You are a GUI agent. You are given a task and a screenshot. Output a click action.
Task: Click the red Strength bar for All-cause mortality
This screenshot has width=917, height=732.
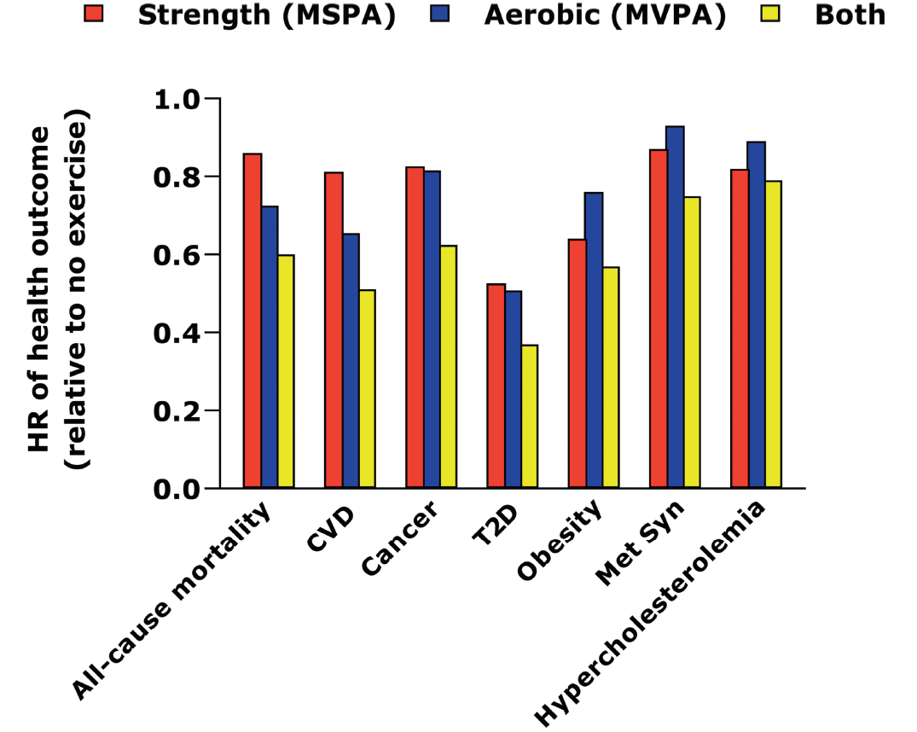point(252,321)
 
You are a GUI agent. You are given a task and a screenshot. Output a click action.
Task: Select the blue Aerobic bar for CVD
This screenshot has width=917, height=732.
point(351,360)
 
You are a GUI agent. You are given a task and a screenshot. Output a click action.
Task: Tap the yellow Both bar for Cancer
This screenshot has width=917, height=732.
point(449,366)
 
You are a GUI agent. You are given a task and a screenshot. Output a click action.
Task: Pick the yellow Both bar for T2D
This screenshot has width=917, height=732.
point(530,416)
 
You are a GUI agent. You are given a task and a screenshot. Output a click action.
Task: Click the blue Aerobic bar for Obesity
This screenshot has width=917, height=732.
point(595,340)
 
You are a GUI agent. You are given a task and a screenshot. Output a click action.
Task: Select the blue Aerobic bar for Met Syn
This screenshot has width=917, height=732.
point(676,307)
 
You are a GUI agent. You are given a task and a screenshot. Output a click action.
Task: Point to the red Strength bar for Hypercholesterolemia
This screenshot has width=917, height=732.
point(740,328)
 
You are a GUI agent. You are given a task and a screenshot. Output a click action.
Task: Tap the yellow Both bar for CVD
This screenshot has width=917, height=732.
point(368,388)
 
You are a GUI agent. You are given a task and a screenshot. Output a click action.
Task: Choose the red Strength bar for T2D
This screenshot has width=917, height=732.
point(496,386)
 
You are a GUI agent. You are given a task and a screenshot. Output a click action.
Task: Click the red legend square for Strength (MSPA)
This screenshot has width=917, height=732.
point(94,14)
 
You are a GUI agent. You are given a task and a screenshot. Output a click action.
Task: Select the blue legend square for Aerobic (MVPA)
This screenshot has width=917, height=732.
point(440,14)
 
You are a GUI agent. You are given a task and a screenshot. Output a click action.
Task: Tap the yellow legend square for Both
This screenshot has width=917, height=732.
point(771,14)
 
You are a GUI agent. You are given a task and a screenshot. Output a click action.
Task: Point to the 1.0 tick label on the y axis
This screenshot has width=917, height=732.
point(177,100)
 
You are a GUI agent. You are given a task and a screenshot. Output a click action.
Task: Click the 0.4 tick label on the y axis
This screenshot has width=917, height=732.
point(177,334)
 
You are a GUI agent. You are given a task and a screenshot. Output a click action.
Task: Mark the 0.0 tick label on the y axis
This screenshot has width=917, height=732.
point(177,489)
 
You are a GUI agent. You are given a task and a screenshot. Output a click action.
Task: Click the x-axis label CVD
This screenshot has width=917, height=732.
point(331,530)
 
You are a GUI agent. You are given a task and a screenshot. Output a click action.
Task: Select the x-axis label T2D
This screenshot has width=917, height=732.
point(495,526)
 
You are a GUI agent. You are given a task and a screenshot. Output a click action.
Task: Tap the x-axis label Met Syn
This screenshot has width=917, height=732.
point(639,543)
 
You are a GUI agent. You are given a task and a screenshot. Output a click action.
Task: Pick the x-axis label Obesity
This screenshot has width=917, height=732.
point(559,540)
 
